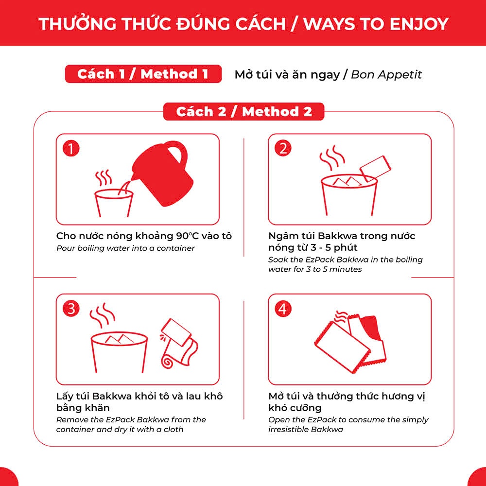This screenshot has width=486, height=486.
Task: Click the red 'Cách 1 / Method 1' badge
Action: point(143,74)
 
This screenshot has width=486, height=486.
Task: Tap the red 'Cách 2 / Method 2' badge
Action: point(243,112)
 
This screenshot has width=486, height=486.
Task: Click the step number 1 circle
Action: point(71,148)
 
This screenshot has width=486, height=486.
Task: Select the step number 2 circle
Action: point(283,148)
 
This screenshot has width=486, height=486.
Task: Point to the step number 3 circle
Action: point(71,309)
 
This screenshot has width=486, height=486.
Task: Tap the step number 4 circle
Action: point(283,309)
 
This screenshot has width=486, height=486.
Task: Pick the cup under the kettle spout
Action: point(113,203)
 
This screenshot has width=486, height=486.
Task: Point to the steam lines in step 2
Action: point(332,157)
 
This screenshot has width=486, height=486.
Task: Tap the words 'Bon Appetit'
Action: point(386,74)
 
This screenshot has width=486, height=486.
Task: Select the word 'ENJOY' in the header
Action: point(419,24)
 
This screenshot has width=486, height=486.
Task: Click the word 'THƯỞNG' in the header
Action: point(77,23)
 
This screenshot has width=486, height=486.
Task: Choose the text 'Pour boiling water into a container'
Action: point(125,248)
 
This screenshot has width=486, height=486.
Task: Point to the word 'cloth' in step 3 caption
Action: point(174,430)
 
